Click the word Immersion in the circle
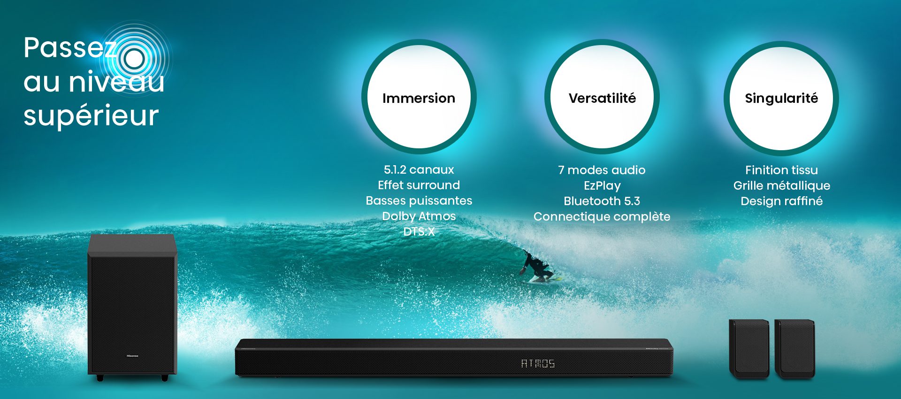(419, 98)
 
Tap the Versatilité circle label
(602, 98)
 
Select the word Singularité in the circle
(781, 99)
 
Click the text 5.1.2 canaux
(419, 169)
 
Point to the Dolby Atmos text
(419, 216)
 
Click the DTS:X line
(419, 231)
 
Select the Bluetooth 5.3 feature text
(602, 201)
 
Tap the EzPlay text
(602, 186)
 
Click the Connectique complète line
(602, 217)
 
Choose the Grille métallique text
(782, 186)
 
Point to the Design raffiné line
(781, 201)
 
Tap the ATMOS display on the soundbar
(538, 363)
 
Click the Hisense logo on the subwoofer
(132, 356)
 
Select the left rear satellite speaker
(749, 349)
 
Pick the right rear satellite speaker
(794, 349)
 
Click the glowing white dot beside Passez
(135, 59)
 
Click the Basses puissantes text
(419, 200)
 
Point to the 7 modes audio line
(602, 170)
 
